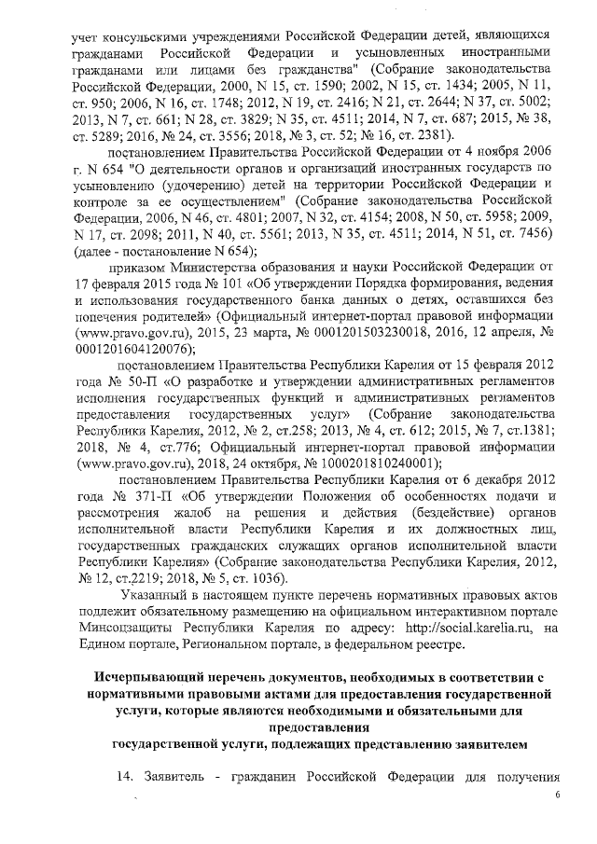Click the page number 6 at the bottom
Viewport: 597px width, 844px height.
[x=558, y=795]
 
